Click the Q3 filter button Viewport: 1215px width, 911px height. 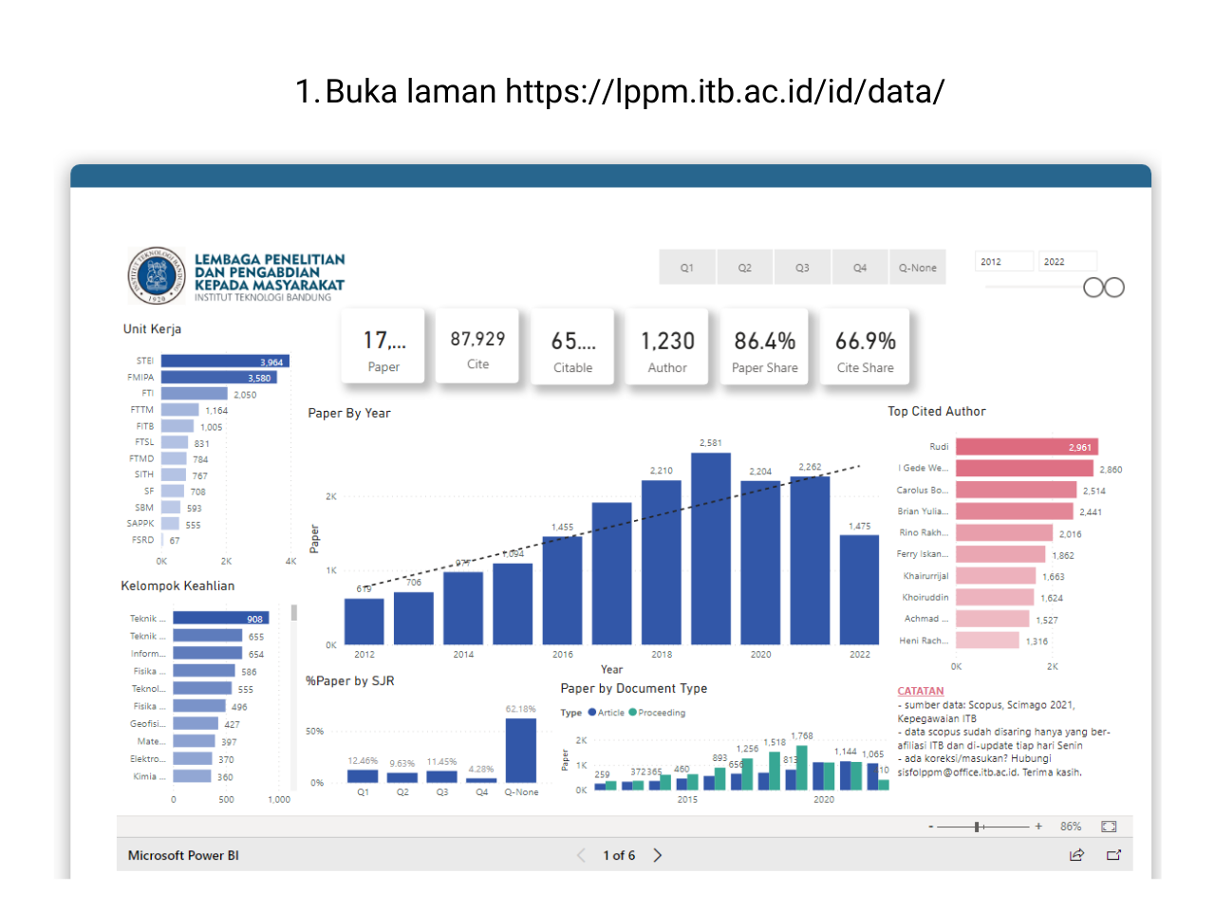coord(802,268)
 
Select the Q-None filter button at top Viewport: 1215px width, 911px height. coord(917,268)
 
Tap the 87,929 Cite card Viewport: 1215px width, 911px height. coord(477,347)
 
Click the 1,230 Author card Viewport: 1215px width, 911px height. coord(667,347)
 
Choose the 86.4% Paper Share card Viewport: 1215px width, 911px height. coord(764,347)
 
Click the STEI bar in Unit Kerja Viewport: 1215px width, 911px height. coord(224,362)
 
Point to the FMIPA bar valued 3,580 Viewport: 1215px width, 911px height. coord(218,378)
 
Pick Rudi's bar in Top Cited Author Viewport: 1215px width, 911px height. coord(1025,447)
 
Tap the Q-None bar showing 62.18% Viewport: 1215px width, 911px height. coord(520,750)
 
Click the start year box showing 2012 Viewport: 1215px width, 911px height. coord(1003,262)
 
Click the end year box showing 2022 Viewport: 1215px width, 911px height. coord(1067,262)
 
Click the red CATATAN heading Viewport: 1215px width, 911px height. coord(920,691)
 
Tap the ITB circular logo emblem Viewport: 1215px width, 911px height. coord(157,276)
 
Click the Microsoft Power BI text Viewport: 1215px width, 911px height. coord(183,855)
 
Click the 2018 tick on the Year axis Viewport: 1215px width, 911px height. coord(662,655)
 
